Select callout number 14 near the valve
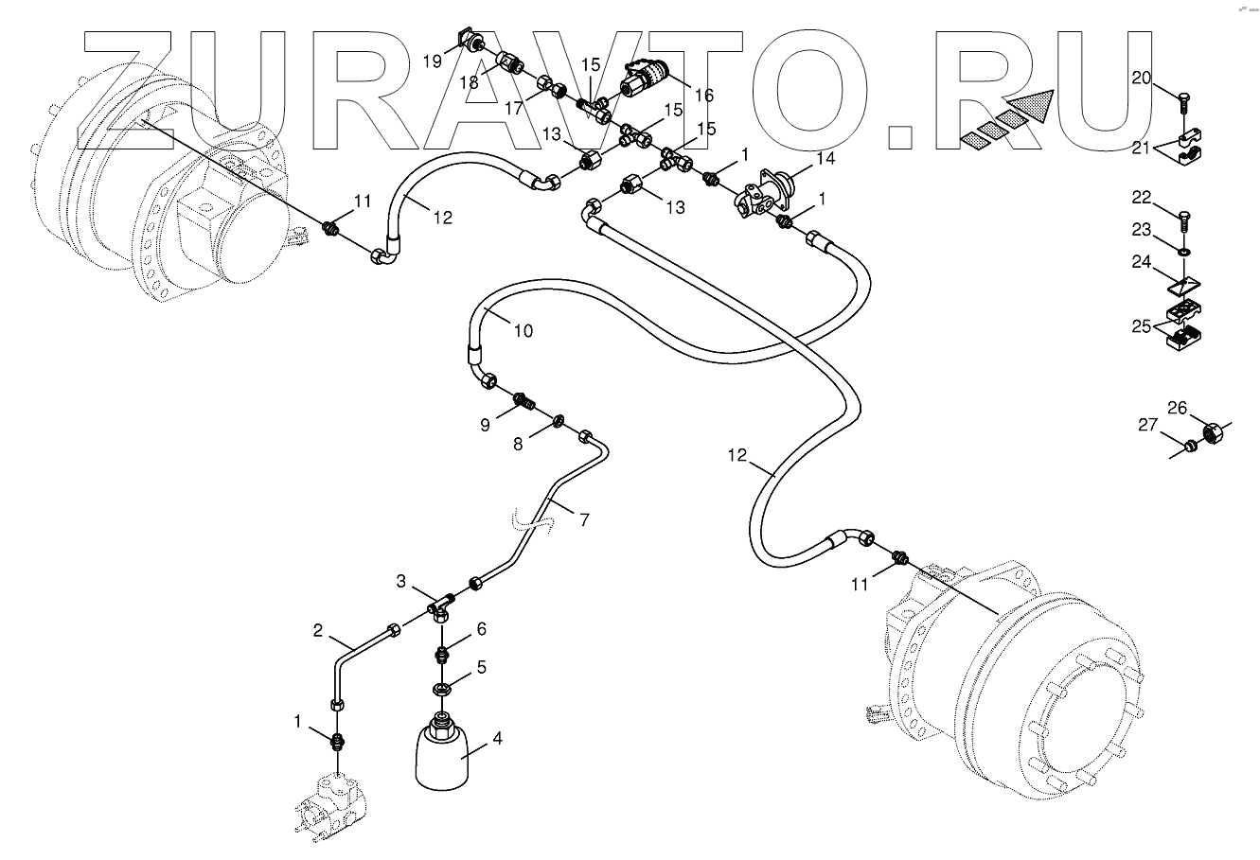(825, 159)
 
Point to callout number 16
(703, 96)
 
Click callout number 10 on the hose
(523, 331)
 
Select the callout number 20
(1142, 79)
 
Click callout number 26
(1176, 409)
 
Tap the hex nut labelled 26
(1210, 434)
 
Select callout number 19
(432, 61)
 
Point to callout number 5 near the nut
(481, 667)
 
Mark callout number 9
(485, 425)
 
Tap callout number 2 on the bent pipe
(318, 630)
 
